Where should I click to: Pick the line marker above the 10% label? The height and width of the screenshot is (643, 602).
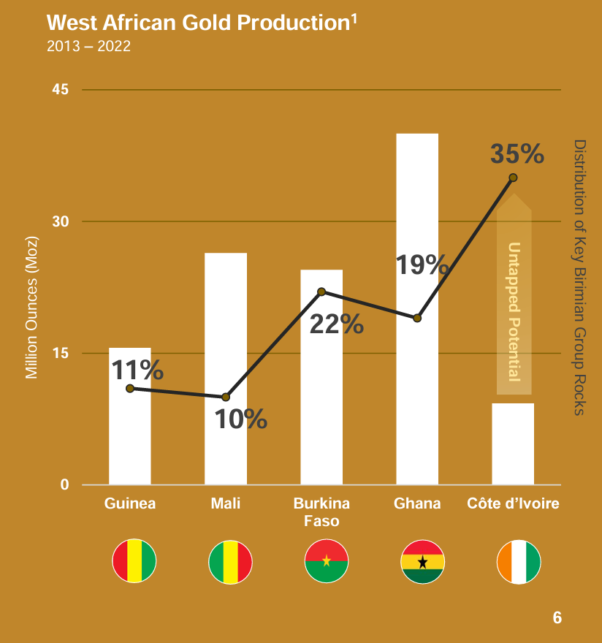tap(226, 397)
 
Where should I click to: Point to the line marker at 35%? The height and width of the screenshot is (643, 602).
tap(513, 178)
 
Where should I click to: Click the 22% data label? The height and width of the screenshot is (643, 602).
tap(337, 324)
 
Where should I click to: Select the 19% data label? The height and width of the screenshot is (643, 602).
tap(422, 265)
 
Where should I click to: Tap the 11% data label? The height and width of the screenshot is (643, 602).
tap(137, 370)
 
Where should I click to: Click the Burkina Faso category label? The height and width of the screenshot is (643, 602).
tap(321, 512)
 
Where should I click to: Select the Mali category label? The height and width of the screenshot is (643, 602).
tap(225, 503)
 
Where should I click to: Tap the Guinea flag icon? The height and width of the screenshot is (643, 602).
tap(134, 561)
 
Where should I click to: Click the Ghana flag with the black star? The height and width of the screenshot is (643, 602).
tap(422, 561)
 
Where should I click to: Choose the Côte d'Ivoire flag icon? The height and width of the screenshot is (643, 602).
tap(518, 561)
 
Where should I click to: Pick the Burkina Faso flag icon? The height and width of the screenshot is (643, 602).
tap(327, 561)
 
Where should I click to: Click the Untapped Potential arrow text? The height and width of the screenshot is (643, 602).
tap(514, 311)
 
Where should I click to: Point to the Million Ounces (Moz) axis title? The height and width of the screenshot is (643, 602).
tap(31, 308)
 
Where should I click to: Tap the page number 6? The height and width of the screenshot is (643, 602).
tap(557, 617)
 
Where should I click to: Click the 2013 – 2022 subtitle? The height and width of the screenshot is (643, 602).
tap(88, 47)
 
